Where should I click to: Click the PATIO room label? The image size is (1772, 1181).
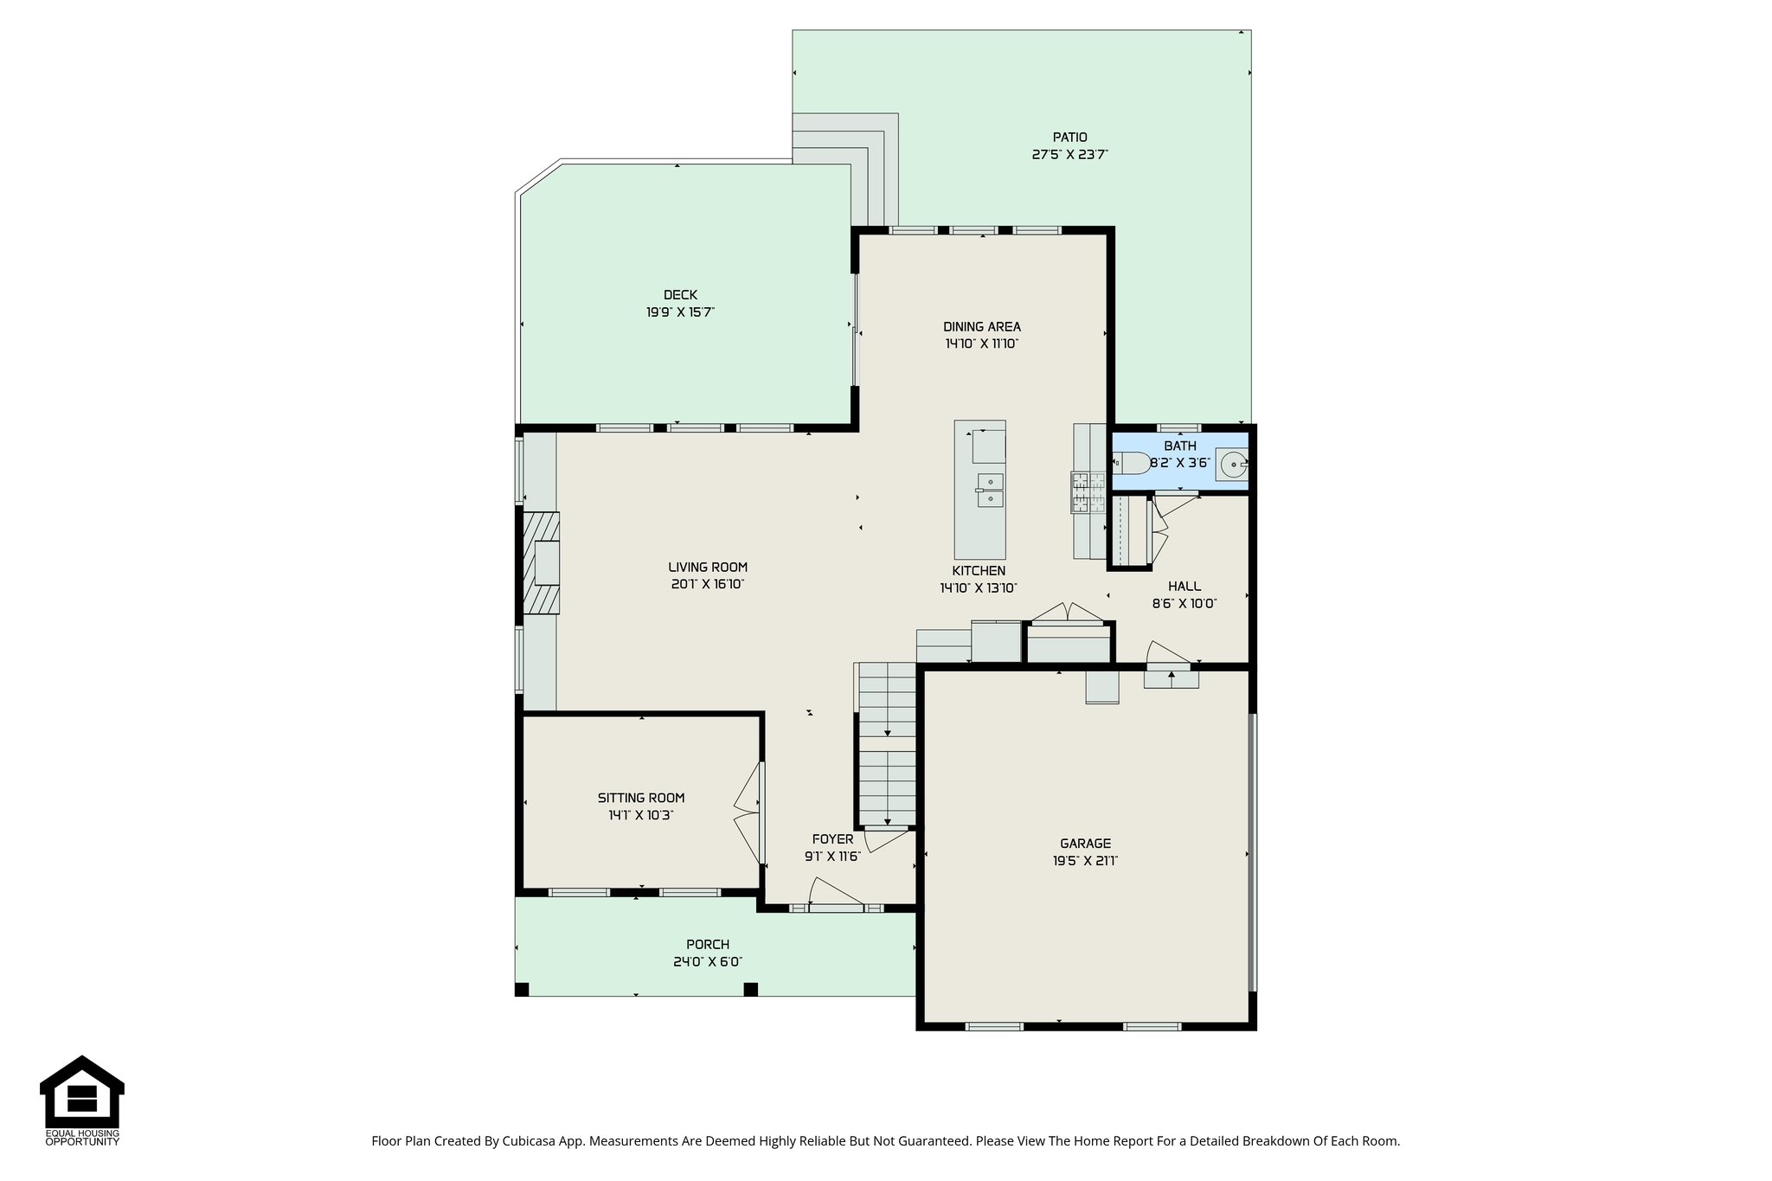pos(1069,137)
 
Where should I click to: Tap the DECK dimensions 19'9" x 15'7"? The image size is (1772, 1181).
pos(680,312)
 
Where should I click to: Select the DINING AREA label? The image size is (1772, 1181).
pos(981,327)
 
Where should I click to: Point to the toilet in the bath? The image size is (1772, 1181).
pos(1133,464)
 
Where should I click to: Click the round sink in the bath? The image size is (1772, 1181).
pos(1232,465)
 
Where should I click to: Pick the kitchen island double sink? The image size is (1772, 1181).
pos(990,490)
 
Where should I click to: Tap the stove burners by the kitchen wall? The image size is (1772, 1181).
pos(1088,491)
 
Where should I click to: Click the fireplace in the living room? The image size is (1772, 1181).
pos(542,563)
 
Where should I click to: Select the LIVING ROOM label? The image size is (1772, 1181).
pos(707,568)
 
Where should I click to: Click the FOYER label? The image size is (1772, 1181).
pos(832,839)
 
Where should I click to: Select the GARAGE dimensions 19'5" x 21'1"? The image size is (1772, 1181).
pos(1085,861)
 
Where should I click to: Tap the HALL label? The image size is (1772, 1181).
pos(1184,587)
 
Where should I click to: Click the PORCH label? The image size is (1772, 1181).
pos(707,945)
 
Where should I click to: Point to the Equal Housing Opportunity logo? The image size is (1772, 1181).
pos(82,1099)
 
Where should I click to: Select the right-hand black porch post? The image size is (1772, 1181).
pos(750,989)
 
